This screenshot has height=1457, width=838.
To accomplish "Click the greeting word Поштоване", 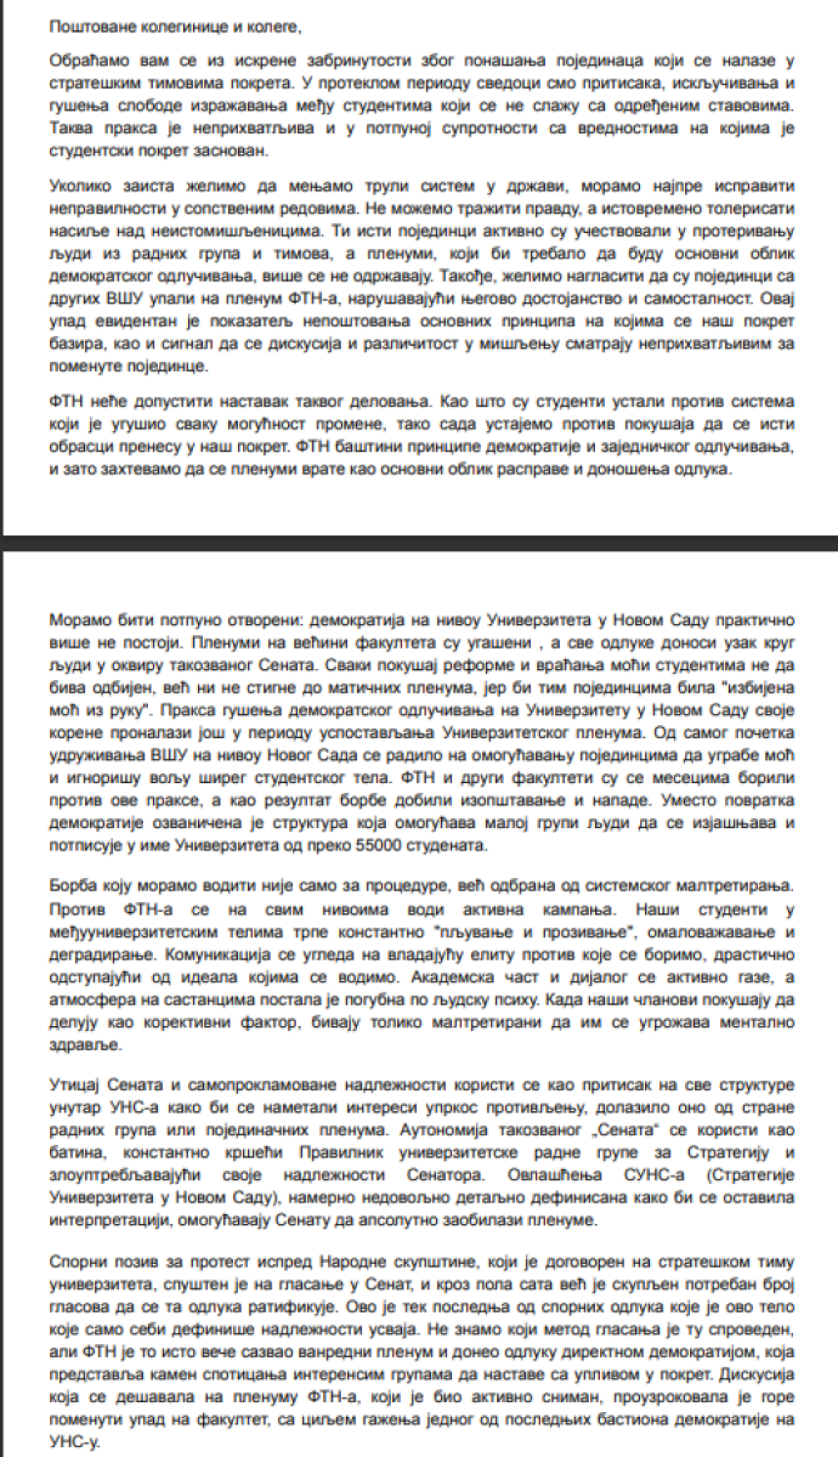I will point(81,27).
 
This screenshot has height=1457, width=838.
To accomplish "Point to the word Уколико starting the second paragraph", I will point(77,187).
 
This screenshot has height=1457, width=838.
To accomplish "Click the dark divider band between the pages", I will point(419,542).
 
